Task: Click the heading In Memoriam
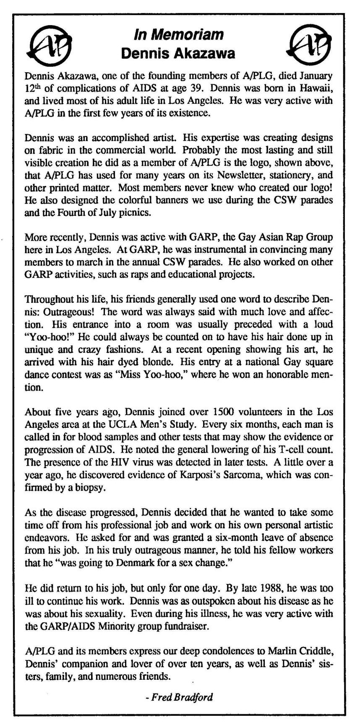(178, 34)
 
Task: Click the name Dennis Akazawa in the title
(178, 53)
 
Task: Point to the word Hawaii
(319, 89)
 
